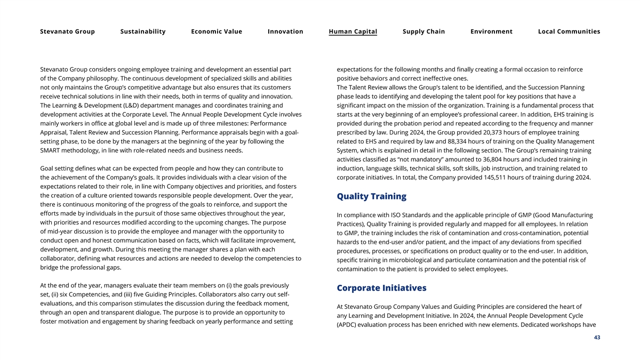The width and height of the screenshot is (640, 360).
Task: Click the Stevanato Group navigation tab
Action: coord(67,31)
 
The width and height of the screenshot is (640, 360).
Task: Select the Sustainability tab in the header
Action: coord(143,31)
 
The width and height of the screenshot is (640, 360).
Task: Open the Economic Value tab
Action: coord(217,31)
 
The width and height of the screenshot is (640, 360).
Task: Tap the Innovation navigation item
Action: coord(285,31)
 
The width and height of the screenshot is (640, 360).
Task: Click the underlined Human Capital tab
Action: coord(353,31)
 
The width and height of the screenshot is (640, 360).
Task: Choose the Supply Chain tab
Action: coord(423,31)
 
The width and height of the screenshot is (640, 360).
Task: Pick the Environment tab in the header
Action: coord(491,31)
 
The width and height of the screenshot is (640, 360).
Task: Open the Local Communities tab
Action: coord(569,31)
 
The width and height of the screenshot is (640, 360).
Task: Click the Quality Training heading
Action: coord(371,196)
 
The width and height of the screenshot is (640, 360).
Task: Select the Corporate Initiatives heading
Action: coord(381,288)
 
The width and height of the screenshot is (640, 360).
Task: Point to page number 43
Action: coord(597,337)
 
